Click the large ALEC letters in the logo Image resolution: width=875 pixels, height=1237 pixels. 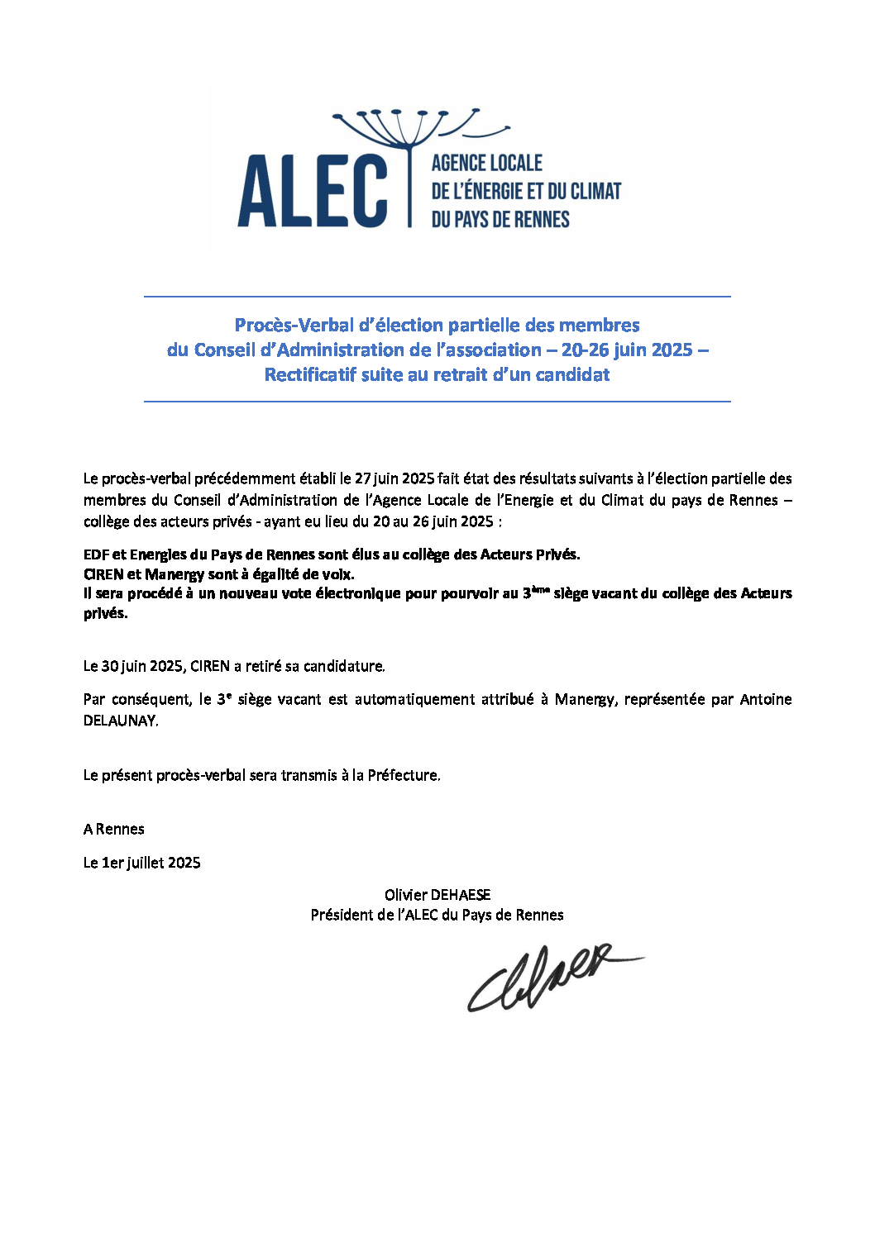coord(313,192)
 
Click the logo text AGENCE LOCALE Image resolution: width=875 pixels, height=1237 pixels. coord(486,164)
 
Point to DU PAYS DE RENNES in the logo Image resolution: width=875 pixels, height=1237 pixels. coord(500,220)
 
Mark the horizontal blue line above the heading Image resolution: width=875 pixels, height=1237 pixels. coord(437,297)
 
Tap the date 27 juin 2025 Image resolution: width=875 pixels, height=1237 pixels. coord(394,478)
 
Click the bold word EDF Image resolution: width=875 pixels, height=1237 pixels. coord(96,554)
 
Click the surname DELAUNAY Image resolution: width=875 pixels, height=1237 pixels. coord(120,721)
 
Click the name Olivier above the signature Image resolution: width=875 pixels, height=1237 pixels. coord(404,895)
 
